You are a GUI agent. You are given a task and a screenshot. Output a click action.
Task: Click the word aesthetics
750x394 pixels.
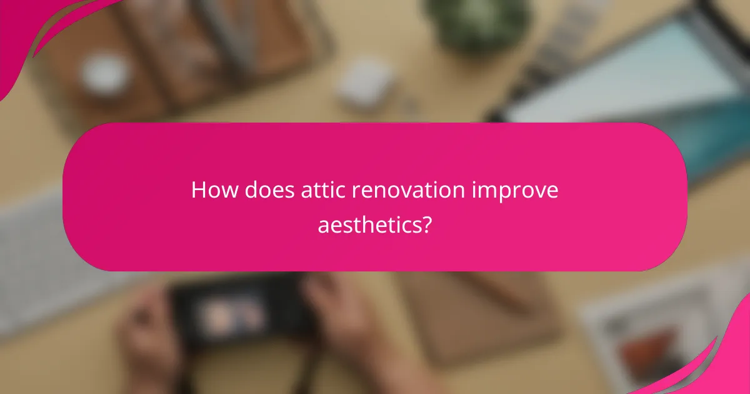click(369, 223)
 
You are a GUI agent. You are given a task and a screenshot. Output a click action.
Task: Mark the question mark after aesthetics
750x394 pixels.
click(426, 223)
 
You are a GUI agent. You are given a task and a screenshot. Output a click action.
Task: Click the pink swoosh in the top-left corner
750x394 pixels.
click(37, 31)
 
